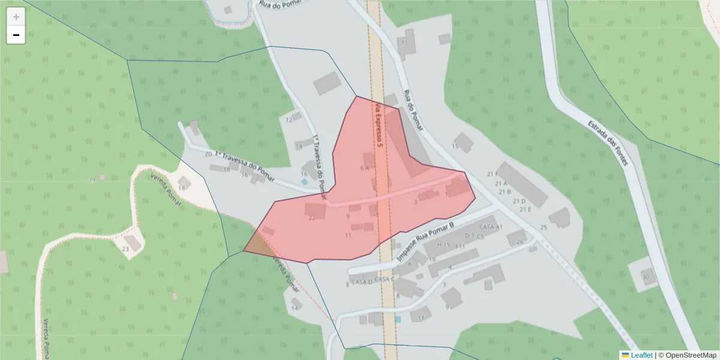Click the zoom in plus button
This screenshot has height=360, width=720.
16,17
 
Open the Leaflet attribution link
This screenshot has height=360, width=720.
641,355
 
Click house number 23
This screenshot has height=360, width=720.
125,248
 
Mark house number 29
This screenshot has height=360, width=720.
92,180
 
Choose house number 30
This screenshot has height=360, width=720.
646,277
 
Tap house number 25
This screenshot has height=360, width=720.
544,227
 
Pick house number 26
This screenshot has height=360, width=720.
520,242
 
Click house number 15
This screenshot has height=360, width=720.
455,146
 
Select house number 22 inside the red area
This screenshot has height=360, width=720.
311,218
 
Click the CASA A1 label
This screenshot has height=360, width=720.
491,227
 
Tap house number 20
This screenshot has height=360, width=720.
208,154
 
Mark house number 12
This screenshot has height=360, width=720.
289,120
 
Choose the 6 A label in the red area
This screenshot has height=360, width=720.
364,168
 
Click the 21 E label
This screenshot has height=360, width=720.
525,209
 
